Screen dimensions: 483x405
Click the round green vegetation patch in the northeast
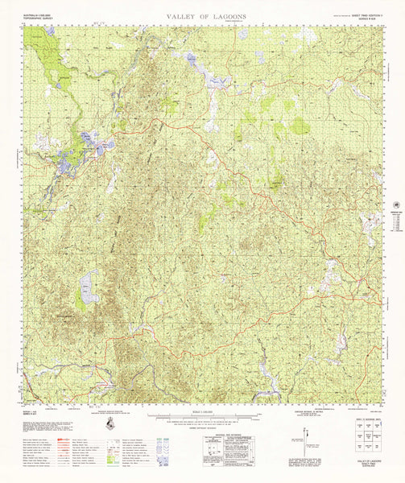[x=300, y=126]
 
